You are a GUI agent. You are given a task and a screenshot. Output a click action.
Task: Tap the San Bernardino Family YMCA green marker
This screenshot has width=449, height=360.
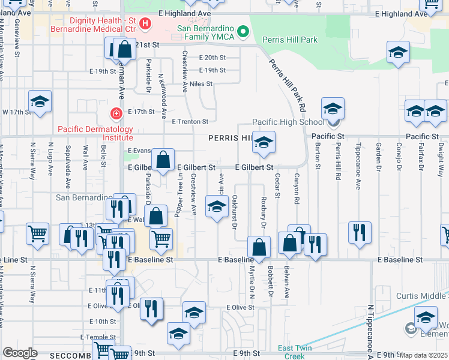coord(243,31)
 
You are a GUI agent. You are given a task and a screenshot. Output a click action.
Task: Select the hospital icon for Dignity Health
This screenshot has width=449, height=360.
coord(145,25)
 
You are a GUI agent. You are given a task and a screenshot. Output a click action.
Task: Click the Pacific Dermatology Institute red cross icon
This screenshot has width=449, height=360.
coord(115,113)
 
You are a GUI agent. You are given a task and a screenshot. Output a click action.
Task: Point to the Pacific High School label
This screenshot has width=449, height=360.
coord(288,122)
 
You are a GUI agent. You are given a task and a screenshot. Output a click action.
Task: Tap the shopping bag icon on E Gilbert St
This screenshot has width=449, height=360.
coord(163,160)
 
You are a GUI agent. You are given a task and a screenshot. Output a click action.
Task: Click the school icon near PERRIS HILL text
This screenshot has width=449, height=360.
coord(263,143)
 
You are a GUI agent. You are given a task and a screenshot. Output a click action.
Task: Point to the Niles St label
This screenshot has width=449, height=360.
coord(200,83)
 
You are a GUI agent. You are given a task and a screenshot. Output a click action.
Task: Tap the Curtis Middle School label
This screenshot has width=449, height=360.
coord(422,296)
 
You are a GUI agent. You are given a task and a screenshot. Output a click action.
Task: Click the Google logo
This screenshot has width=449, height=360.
coord(20,352)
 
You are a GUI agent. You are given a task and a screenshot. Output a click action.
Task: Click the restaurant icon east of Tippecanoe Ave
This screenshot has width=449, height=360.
coord(360,232)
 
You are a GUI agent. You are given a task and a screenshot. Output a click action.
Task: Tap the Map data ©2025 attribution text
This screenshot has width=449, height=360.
coord(424,355)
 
